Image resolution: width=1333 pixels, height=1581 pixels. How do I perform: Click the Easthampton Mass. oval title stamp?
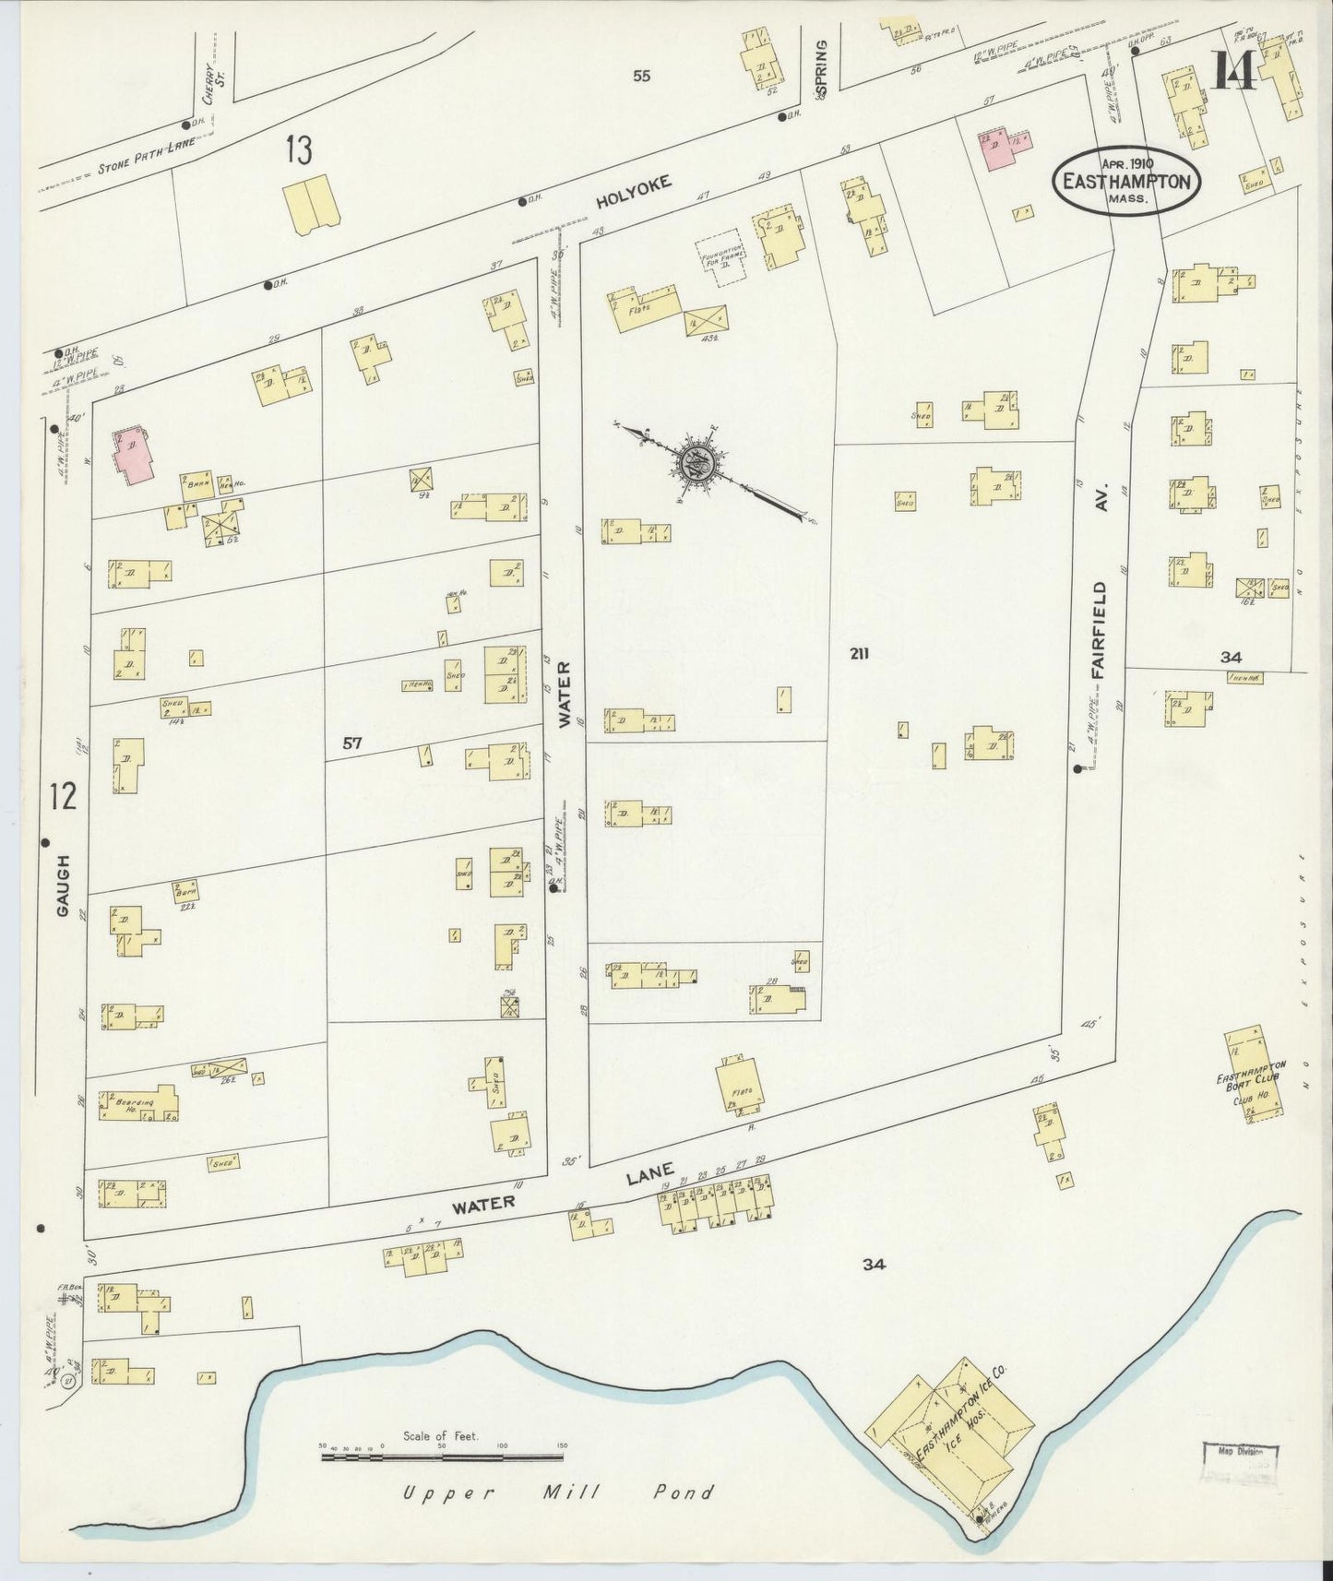[x=1126, y=182]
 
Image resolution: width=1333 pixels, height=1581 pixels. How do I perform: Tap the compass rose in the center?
[x=694, y=460]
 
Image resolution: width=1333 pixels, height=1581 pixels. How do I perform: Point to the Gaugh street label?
[x=63, y=885]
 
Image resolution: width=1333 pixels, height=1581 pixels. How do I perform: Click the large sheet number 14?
[x=1234, y=69]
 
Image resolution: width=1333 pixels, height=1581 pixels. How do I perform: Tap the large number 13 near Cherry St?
[x=298, y=149]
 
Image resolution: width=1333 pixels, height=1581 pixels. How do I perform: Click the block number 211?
[x=860, y=654]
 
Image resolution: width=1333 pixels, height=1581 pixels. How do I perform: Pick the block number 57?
[x=351, y=743]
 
